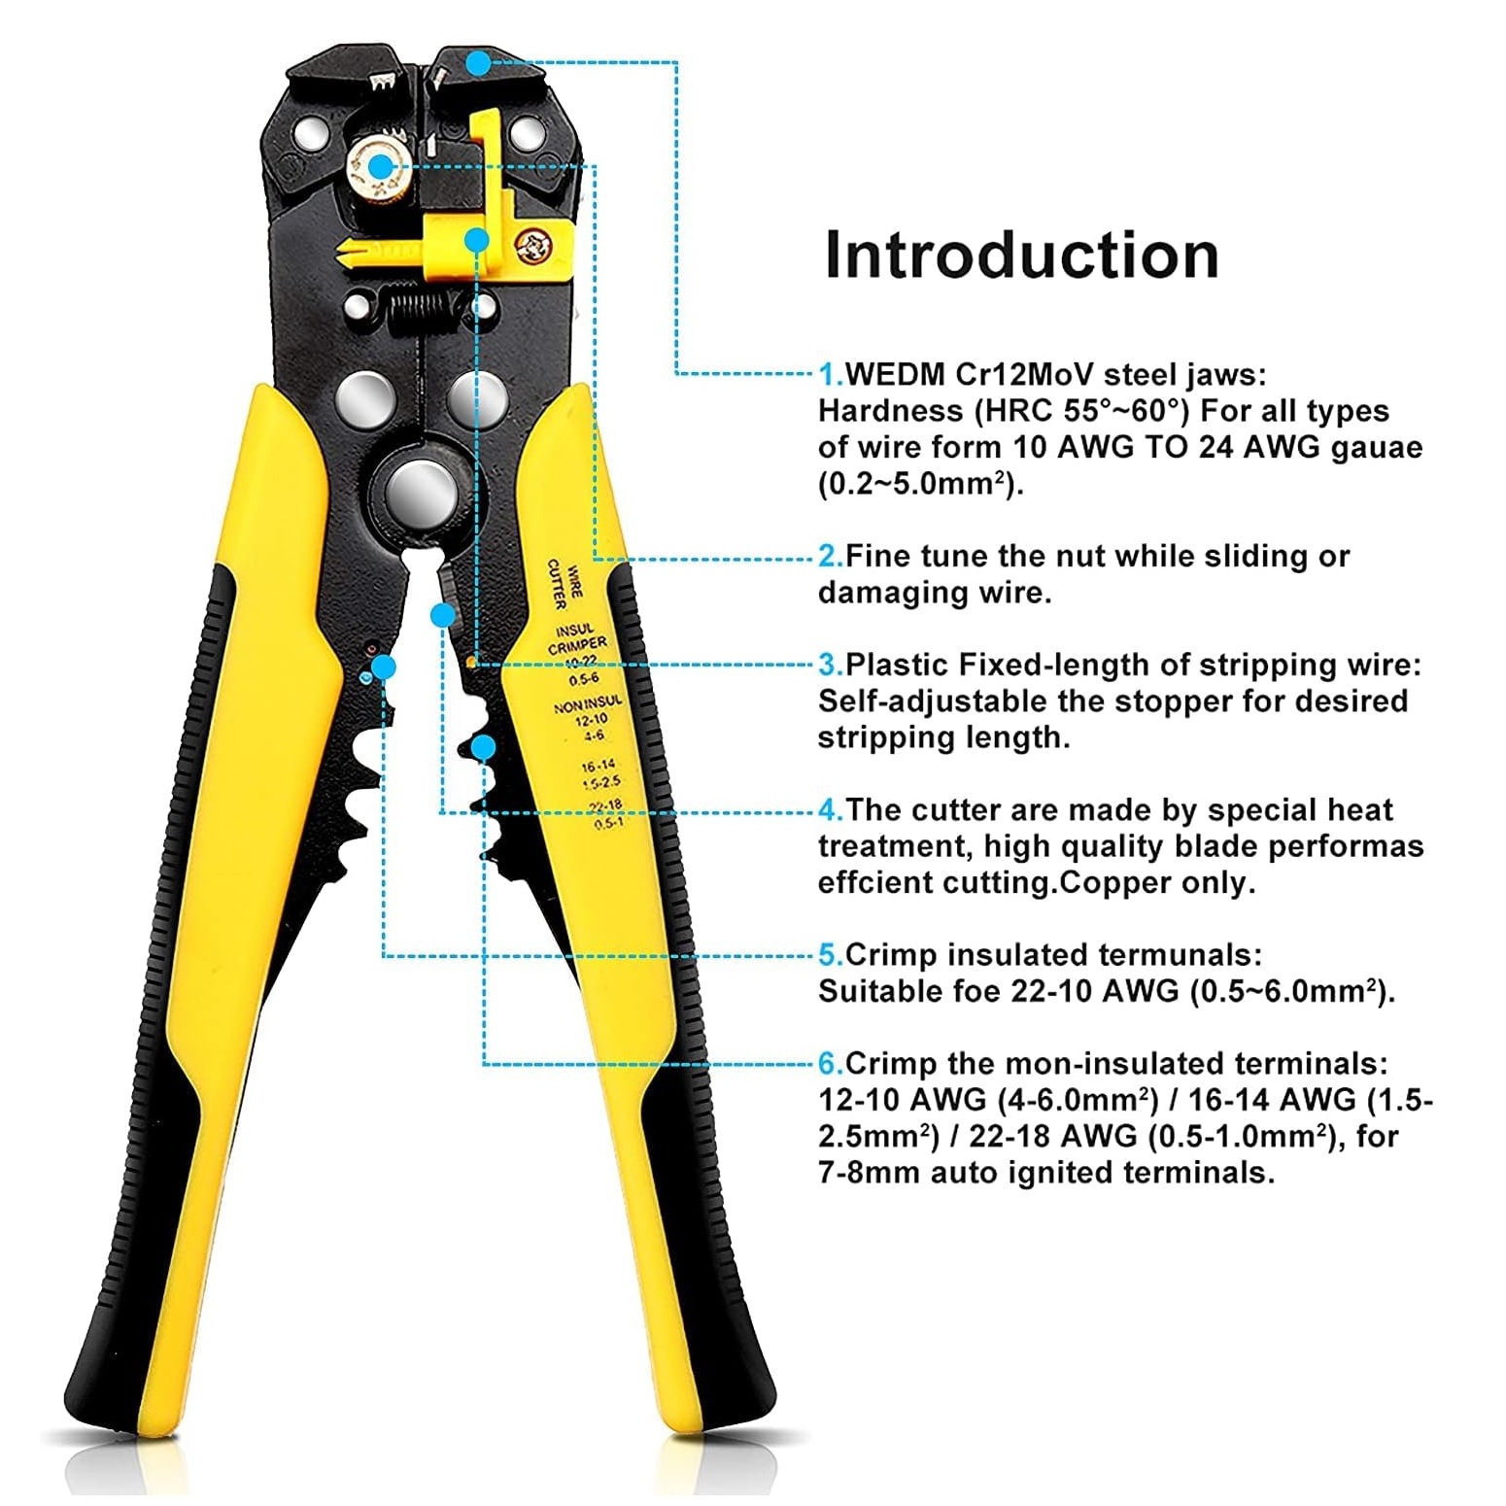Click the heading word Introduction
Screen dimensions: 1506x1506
click(1021, 256)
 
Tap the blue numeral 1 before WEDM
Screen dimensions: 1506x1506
click(830, 374)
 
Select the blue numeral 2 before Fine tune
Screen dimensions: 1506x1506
click(830, 556)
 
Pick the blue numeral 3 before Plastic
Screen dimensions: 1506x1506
click(830, 665)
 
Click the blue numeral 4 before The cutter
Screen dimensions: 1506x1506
click(830, 809)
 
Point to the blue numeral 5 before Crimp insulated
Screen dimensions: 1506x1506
click(830, 954)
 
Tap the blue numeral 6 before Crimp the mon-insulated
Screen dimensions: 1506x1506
click(830, 1063)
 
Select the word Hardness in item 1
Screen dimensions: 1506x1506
click(891, 411)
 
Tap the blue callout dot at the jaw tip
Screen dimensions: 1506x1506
click(478, 64)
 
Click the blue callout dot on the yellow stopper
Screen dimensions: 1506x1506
click(475, 238)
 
